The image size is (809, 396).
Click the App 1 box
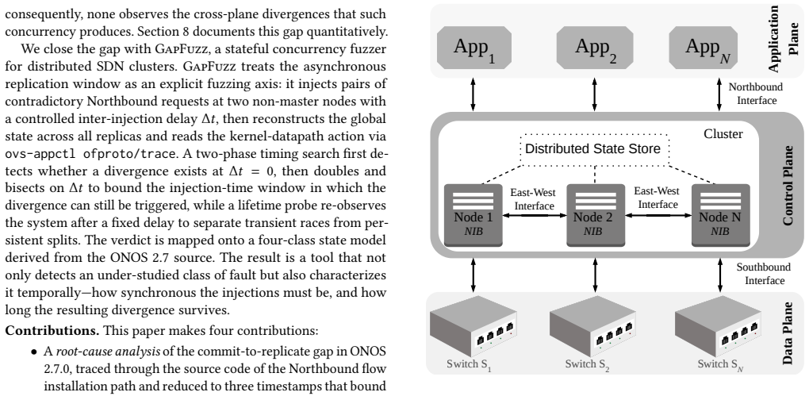[474, 48]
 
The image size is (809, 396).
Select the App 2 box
[595, 48]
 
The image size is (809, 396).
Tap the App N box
[707, 48]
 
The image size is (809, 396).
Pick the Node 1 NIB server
[474, 214]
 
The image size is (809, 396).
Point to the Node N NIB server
[720, 214]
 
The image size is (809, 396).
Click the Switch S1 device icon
[474, 325]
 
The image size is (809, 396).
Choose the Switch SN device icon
[718, 325]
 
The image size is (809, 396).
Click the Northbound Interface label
[756, 94]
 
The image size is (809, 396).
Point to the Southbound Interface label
[763, 274]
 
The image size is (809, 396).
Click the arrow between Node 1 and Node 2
[535, 215]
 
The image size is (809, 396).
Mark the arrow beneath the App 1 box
[474, 94]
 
